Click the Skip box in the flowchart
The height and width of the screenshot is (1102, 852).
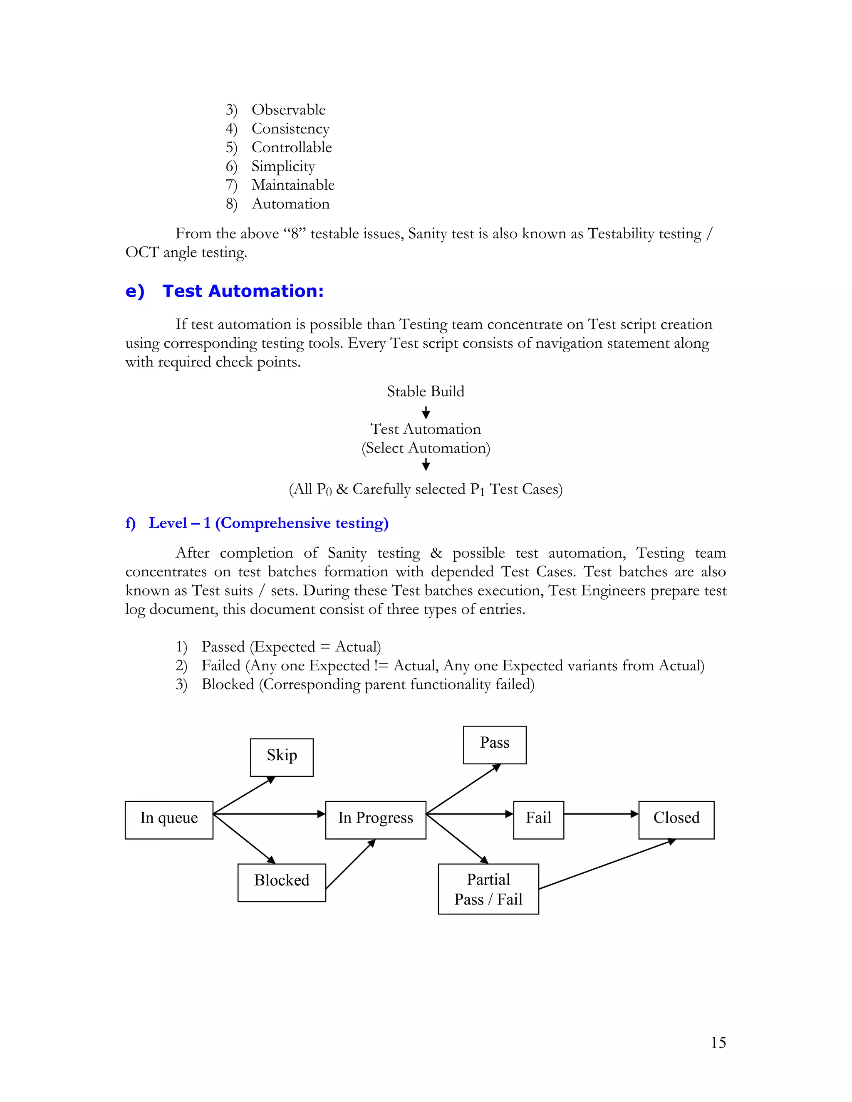point(282,757)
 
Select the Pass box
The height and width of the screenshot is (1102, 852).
point(495,745)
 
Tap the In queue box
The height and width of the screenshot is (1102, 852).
point(169,820)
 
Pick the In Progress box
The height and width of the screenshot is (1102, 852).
point(376,820)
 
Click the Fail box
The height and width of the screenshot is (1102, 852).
point(539,820)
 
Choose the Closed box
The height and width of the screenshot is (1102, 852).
point(676,820)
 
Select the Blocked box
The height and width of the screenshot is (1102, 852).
point(282,882)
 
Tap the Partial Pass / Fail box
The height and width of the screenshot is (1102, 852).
point(488,889)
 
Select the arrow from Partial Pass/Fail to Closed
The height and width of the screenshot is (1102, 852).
point(606,865)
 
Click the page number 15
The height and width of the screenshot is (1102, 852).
point(718,1043)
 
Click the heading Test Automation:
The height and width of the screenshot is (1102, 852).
point(243,291)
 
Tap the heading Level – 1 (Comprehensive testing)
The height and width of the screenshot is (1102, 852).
point(268,523)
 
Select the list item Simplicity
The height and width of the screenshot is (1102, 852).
point(283,166)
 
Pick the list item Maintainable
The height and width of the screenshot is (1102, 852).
point(293,185)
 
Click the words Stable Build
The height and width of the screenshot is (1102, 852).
point(426,392)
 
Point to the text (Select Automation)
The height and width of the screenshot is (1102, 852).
point(426,448)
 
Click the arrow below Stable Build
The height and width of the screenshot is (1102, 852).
point(426,413)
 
